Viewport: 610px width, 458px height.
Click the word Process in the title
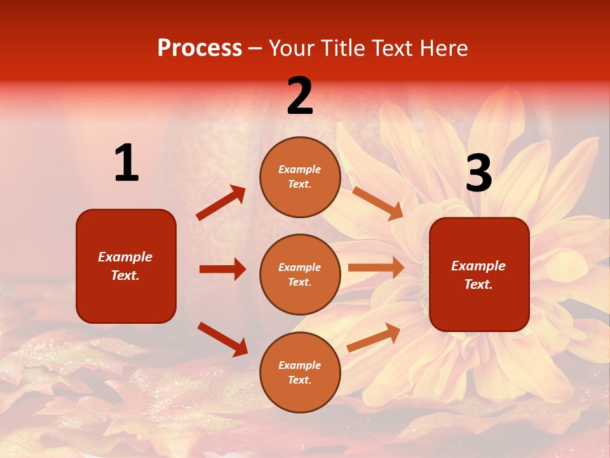[x=200, y=48]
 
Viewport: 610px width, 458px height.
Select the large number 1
[x=126, y=163]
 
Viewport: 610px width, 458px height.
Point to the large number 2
[x=300, y=96]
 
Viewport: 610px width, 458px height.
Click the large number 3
[x=478, y=173]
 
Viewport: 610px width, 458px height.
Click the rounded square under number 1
[x=126, y=266]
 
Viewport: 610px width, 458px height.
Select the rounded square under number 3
[x=479, y=275]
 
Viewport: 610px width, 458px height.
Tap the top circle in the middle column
[x=300, y=177]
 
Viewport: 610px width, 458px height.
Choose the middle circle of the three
[x=300, y=274]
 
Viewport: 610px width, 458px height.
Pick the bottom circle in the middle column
[x=300, y=372]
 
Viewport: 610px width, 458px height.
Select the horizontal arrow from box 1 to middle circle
[x=222, y=269]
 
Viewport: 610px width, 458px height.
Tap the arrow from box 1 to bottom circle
[x=222, y=339]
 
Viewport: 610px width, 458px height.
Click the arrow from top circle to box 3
[x=377, y=203]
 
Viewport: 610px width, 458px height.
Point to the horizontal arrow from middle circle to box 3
[x=376, y=268]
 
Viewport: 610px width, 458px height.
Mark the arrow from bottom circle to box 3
[x=374, y=337]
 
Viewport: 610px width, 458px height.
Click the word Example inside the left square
[x=125, y=257]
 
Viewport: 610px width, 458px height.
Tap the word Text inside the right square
[x=478, y=284]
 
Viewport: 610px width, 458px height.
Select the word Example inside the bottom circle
[x=300, y=365]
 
